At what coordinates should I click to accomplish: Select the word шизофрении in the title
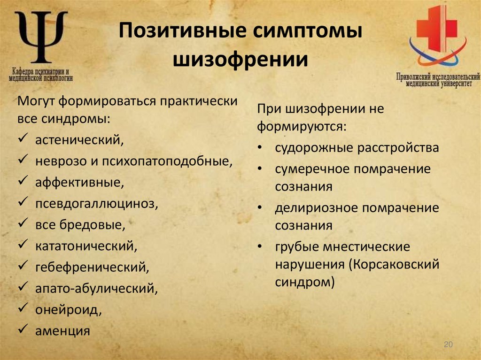(x=241, y=60)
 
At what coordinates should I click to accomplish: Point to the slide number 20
(x=448, y=345)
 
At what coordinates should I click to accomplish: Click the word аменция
(x=62, y=331)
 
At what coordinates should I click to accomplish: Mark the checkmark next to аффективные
(x=23, y=182)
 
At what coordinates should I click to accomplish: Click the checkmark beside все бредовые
(x=23, y=224)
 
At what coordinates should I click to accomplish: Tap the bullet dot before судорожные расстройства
(x=260, y=148)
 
